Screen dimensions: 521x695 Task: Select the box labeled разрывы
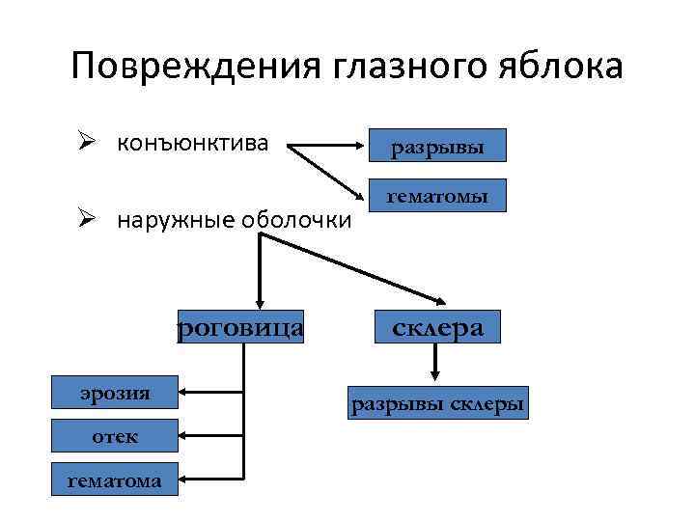coord(437,149)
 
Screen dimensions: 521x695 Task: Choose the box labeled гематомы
coord(437,198)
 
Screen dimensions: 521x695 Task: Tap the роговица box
coord(240,328)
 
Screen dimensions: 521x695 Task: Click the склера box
coord(437,328)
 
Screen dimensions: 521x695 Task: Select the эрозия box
coord(115,393)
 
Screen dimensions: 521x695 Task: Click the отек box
coord(115,436)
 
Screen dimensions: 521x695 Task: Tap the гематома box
coord(115,480)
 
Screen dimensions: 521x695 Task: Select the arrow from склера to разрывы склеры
coord(436,362)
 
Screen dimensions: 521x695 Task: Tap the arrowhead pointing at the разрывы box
coord(363,149)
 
